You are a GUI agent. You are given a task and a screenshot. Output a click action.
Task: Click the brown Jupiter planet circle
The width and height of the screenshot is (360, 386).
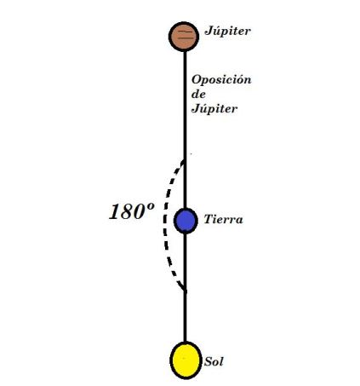coord(185,36)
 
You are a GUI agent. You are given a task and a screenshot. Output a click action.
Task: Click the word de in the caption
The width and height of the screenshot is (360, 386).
coord(199,94)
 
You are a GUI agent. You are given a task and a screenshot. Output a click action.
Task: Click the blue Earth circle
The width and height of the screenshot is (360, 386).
coord(186,220)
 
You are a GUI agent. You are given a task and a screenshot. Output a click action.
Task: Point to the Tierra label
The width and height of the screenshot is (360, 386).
coord(224,220)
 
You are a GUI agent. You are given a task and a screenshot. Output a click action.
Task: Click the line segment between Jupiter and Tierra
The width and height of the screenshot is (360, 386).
coord(185,128)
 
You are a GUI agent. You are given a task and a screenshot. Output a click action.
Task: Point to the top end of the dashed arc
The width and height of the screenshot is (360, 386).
coord(184,157)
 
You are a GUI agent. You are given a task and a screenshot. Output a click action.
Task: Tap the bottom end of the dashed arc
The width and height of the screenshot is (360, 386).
coord(184,292)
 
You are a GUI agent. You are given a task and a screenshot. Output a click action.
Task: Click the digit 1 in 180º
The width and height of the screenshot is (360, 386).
coord(113,213)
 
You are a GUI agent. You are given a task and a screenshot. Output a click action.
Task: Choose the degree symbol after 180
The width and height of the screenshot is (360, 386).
coord(151,208)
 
